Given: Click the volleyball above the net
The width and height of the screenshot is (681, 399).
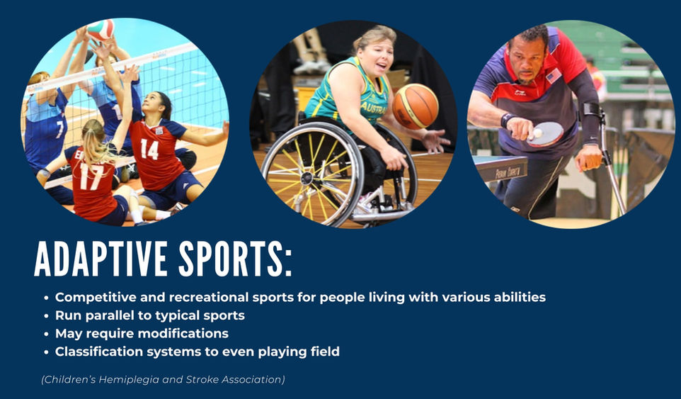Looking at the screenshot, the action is tap(101, 30).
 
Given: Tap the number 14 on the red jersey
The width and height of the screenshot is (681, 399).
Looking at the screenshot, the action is tap(149, 149).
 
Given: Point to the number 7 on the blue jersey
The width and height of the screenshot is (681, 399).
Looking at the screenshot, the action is tap(59, 129).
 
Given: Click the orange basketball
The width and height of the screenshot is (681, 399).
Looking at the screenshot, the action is tap(416, 106).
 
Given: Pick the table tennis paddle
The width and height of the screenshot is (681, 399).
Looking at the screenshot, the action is tap(546, 134).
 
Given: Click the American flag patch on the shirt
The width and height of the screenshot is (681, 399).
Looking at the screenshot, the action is tap(554, 76).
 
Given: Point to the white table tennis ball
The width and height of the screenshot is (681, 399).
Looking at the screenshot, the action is tap(537, 133).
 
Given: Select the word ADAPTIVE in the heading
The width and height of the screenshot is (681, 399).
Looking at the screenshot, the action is tap(101, 259).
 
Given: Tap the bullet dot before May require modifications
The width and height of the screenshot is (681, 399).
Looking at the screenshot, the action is tap(46, 335).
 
